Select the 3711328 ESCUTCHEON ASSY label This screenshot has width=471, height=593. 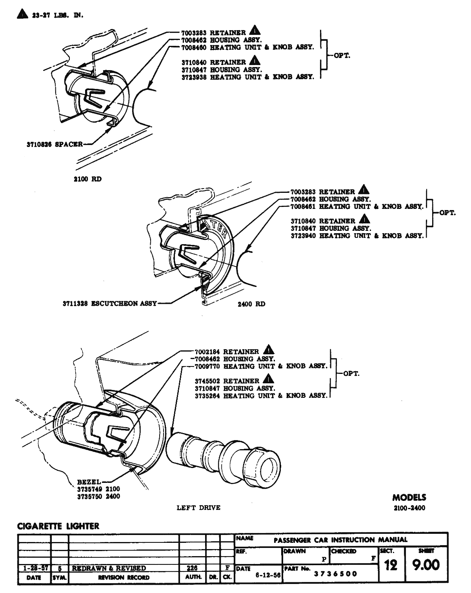[110, 303]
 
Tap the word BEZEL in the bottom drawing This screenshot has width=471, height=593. [89, 482]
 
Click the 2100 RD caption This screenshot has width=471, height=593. [87, 179]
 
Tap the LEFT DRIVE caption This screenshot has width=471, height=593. [198, 508]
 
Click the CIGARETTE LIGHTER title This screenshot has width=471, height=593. [58, 526]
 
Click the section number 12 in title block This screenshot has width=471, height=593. [391, 565]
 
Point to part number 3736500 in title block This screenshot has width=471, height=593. [336, 574]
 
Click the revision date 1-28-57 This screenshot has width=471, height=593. [34, 568]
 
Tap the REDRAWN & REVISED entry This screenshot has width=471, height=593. [109, 568]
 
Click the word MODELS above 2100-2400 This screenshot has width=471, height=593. [409, 497]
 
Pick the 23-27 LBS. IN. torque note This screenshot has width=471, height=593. [56, 15]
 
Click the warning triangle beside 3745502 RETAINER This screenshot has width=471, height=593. [269, 379]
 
